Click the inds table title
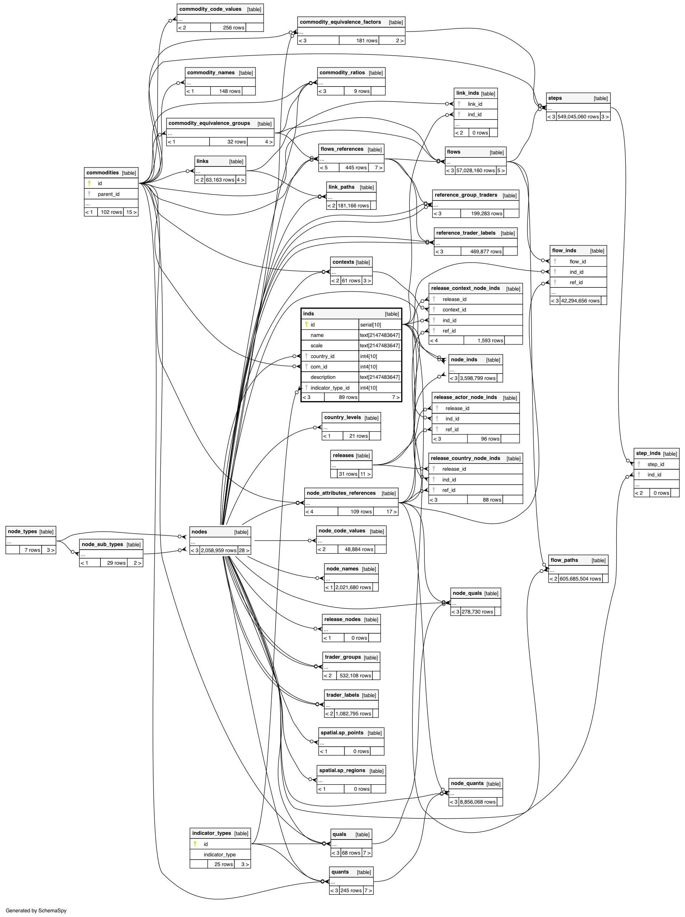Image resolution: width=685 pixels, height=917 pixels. click(309, 314)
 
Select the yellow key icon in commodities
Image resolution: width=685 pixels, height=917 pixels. click(89, 183)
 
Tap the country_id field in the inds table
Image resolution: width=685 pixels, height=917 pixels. click(322, 356)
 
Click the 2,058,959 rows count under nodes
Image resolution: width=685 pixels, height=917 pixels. click(219, 551)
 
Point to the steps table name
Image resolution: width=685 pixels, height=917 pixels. click(555, 98)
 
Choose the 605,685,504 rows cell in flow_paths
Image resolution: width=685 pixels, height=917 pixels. click(580, 579)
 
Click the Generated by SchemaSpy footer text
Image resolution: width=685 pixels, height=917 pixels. click(36, 911)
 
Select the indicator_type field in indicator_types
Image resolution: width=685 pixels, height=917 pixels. click(219, 855)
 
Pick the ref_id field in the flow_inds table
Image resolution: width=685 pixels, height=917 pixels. click(576, 282)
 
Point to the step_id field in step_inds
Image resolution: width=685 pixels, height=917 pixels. click(656, 464)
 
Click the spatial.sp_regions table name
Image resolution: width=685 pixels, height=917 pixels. click(342, 770)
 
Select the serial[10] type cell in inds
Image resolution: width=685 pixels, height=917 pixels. click(370, 325)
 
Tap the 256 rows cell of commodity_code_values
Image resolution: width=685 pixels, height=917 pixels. click(234, 28)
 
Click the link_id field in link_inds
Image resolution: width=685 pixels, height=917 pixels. click(475, 104)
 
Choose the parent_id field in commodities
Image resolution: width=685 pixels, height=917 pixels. click(108, 194)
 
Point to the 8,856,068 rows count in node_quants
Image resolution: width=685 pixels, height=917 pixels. click(477, 802)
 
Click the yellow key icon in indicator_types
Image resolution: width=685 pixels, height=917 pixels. click(195, 844)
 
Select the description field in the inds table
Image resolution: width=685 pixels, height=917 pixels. click(323, 377)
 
